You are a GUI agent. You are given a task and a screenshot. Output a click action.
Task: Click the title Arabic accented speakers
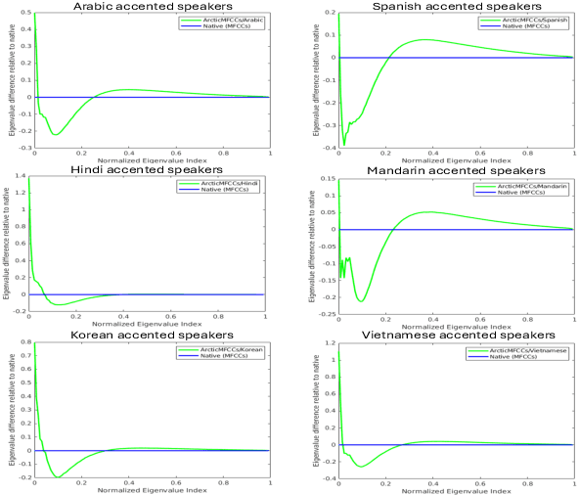coord(152,7)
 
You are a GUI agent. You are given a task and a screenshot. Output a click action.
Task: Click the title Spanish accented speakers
coord(456,7)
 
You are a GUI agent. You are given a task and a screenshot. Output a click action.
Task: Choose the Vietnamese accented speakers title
coord(456,336)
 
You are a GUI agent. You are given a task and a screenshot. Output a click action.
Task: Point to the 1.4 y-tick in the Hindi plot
coord(21,179)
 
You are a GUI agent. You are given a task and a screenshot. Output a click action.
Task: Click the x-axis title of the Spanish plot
coord(456,158)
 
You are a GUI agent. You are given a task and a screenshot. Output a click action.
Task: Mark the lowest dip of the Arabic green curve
coord(56,134)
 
